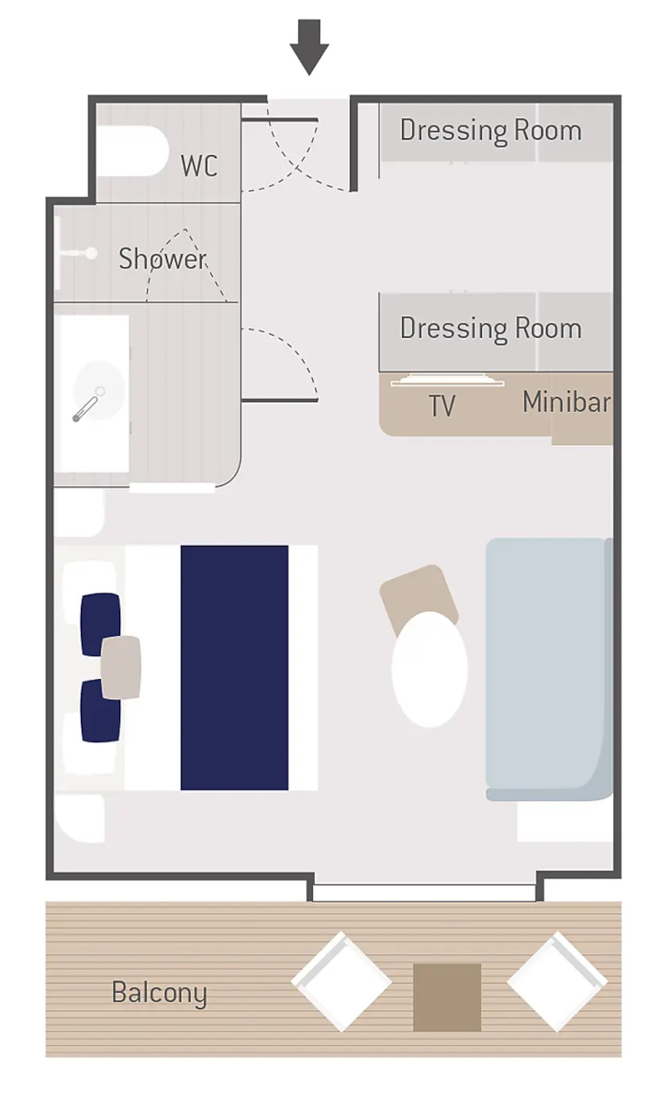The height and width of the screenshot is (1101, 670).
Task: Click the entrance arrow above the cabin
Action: [308, 47]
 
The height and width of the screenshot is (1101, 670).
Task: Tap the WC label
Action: [199, 166]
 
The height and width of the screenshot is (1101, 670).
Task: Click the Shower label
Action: [162, 258]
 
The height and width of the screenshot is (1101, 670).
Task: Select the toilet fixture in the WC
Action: [133, 150]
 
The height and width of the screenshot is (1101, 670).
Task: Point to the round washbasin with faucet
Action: [98, 391]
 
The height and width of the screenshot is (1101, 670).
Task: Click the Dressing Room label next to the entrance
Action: [491, 130]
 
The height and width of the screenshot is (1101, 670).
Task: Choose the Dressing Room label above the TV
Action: [491, 328]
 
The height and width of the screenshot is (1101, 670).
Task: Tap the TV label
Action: [442, 406]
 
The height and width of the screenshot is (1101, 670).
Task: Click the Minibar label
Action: [566, 402]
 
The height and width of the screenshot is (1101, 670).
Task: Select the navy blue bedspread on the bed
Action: [234, 668]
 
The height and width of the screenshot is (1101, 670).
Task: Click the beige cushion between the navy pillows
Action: [121, 667]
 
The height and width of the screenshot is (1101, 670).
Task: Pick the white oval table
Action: [430, 669]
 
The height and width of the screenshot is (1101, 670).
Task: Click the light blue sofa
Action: [549, 670]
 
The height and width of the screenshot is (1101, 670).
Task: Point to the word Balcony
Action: [160, 994]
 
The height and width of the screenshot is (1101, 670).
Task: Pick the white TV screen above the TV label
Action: [447, 380]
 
